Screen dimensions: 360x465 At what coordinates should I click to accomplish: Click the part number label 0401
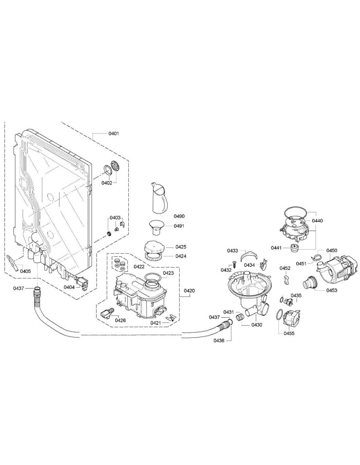(114, 133)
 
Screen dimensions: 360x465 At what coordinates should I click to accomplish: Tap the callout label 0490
(179, 216)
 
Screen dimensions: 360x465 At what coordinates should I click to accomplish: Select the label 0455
(289, 334)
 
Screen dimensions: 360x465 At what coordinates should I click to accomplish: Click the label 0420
(189, 291)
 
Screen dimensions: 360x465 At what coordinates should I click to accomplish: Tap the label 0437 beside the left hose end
(18, 288)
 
